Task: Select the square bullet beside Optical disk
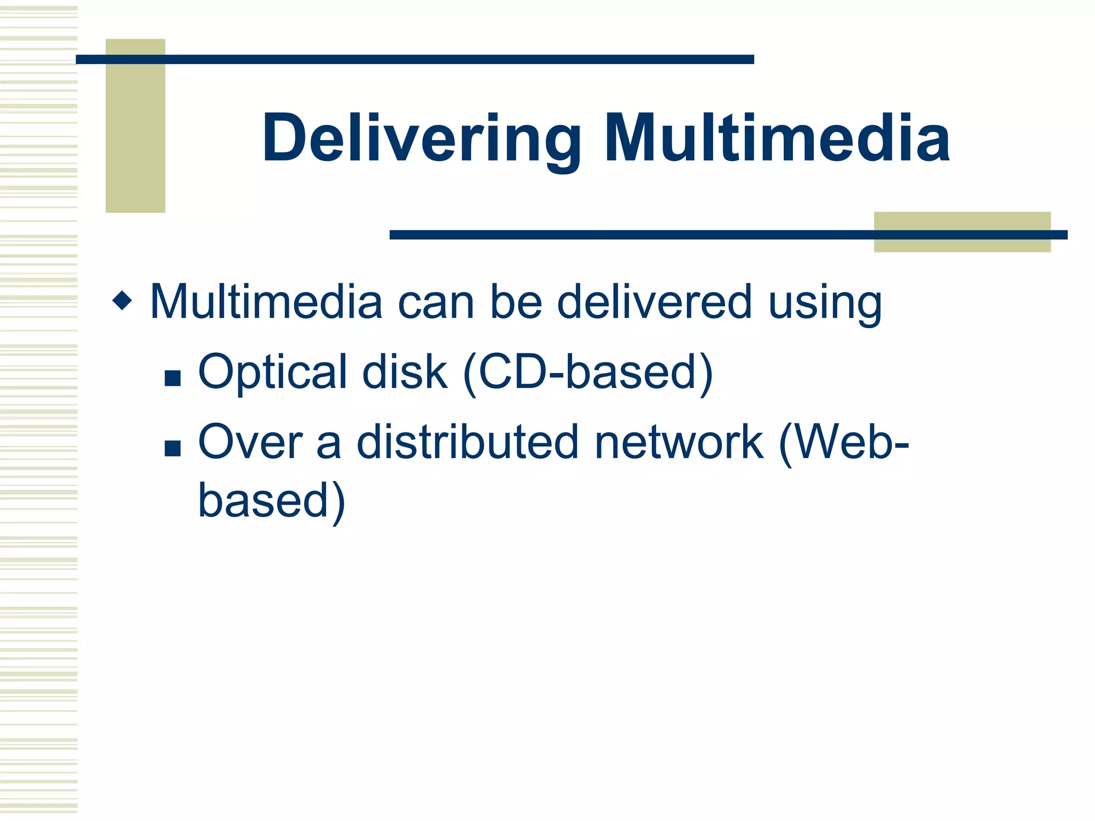pyautogui.click(x=173, y=378)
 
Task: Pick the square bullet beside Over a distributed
pyautogui.click(x=173, y=448)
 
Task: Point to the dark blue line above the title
pyautogui.click(x=414, y=59)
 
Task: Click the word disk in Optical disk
pyautogui.click(x=404, y=373)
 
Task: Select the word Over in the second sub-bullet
pyautogui.click(x=250, y=443)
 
